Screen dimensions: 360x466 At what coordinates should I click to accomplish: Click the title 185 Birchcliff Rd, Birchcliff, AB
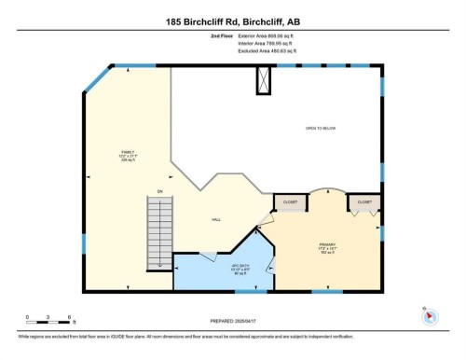(x=232, y=20)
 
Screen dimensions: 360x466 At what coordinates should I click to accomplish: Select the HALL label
(x=216, y=219)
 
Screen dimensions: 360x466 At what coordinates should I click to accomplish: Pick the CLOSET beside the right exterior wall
(x=363, y=201)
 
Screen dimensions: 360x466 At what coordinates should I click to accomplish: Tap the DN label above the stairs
(x=159, y=191)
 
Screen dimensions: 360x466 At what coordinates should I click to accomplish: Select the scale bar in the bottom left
(x=42, y=320)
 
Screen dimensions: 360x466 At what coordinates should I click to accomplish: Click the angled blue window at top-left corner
(x=97, y=78)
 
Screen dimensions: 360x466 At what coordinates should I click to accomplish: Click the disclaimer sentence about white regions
(x=186, y=333)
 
